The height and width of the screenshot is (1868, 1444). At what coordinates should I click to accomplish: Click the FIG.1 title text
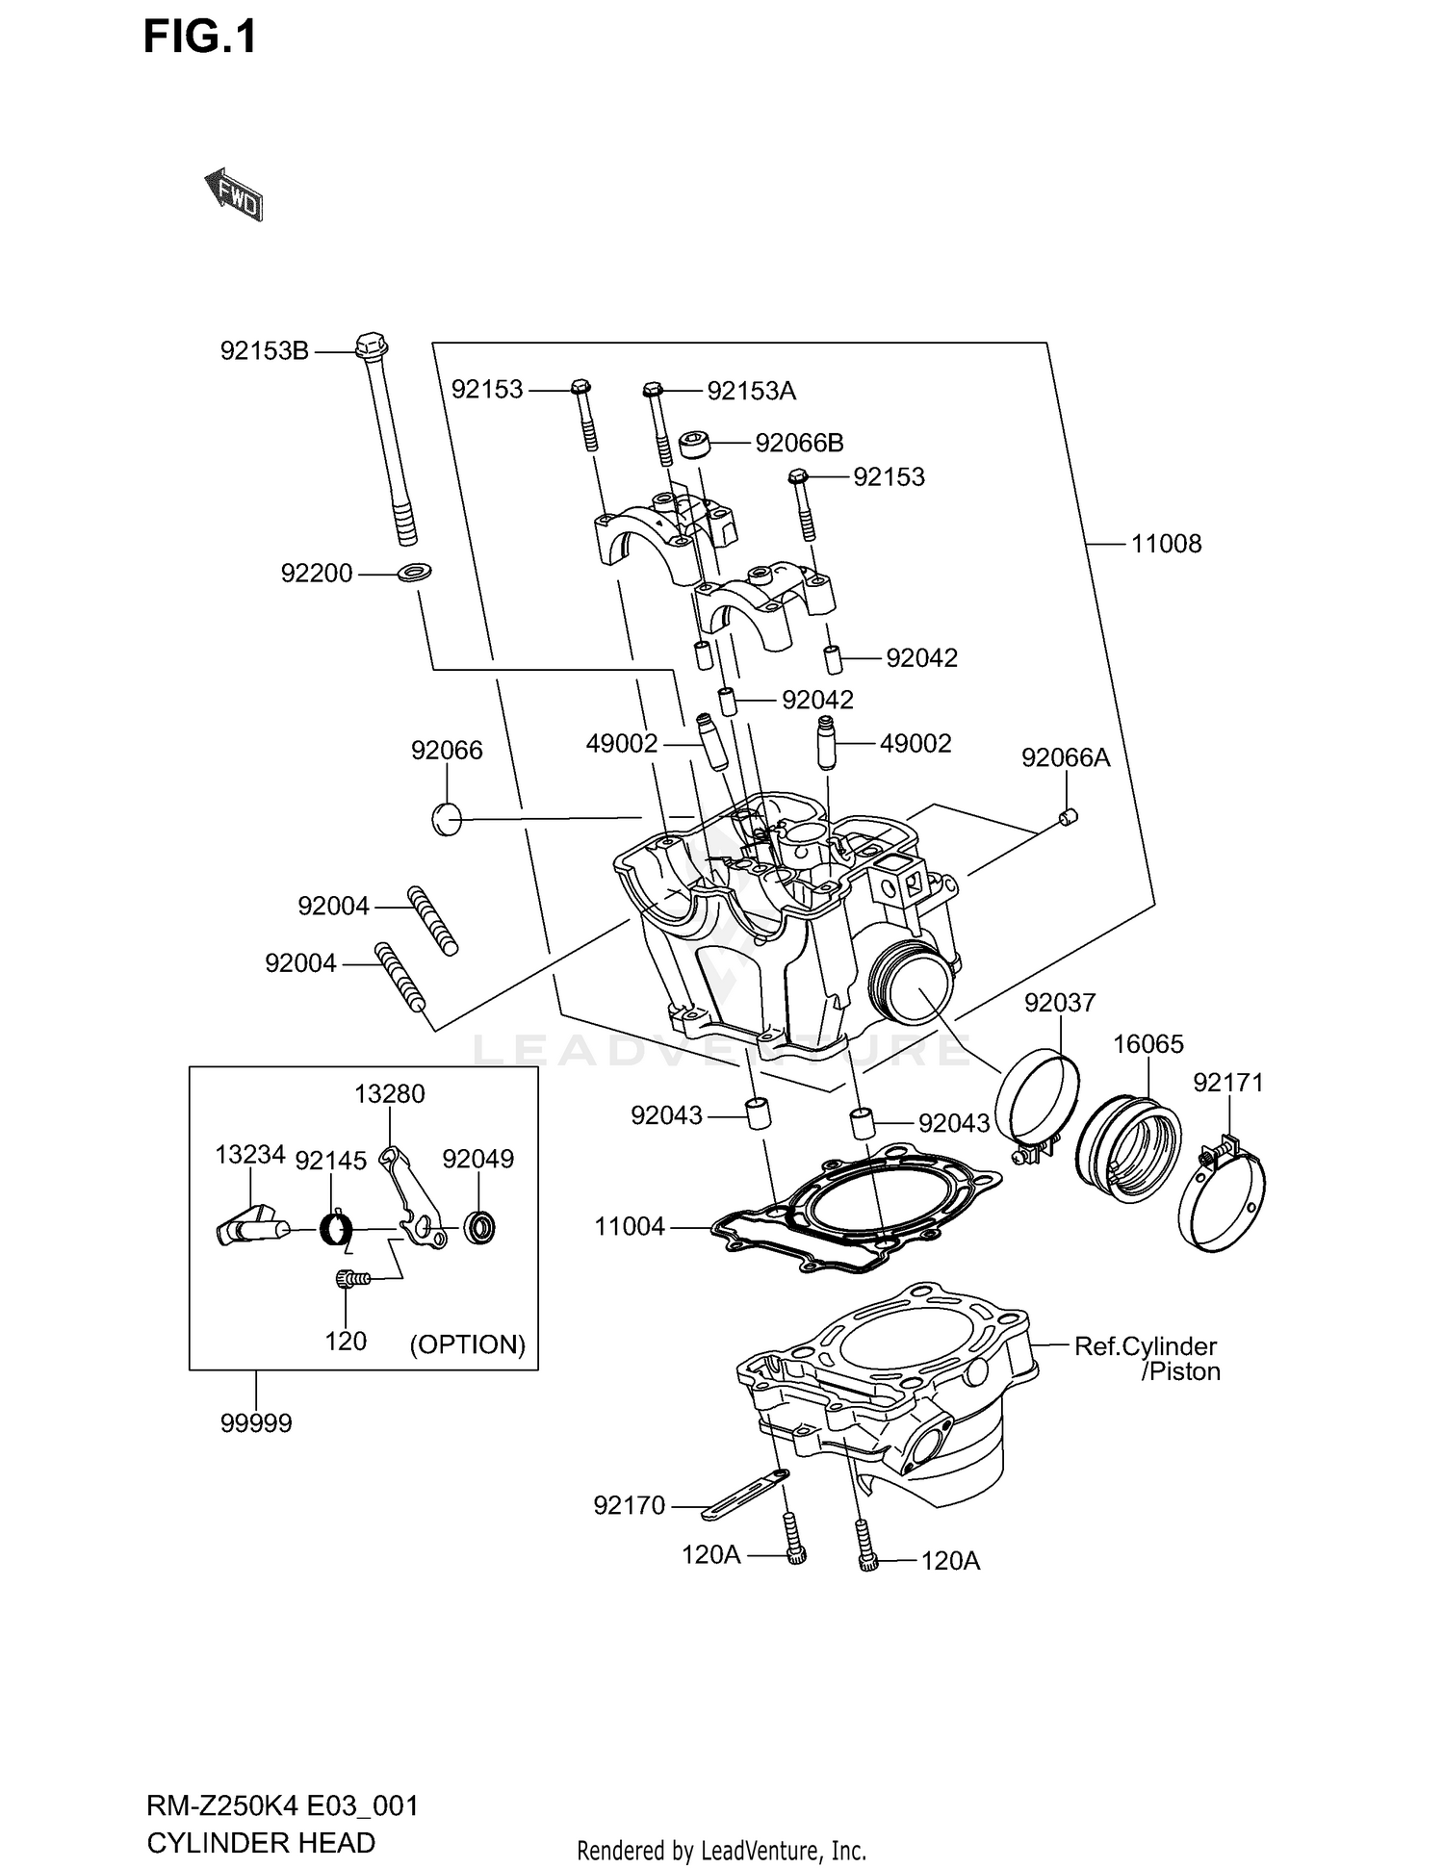[200, 38]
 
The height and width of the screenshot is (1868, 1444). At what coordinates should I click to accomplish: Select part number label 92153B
[264, 351]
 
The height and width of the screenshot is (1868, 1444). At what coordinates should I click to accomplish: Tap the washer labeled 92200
[415, 573]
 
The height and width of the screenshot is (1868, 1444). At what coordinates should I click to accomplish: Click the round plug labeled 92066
[447, 819]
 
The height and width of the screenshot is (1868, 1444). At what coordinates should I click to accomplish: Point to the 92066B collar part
[697, 445]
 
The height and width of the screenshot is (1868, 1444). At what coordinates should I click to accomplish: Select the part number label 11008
[1165, 544]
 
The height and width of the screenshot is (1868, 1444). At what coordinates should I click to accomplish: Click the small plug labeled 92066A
[1068, 817]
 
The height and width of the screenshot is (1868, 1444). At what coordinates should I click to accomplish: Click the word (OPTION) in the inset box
[468, 1344]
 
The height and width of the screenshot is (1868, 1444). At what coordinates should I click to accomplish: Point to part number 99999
[256, 1423]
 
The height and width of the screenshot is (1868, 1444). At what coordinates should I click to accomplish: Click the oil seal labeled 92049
[479, 1227]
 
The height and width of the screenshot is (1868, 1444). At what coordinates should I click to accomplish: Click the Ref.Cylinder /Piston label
[1146, 1359]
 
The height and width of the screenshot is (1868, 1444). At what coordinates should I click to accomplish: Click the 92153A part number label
[751, 391]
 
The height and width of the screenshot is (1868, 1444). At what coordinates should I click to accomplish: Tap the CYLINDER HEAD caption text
[261, 1843]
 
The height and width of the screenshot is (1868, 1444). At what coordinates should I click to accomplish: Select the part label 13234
[250, 1154]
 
